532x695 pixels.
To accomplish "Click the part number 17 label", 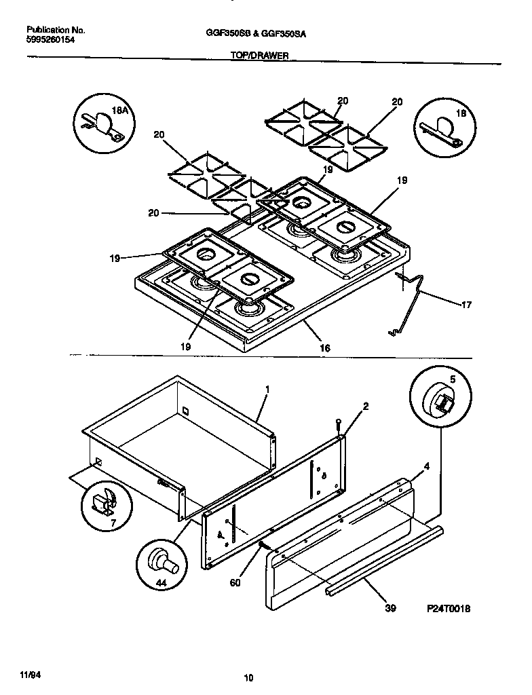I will pos(465,305).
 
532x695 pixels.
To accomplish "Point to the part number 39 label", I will pos(389,608).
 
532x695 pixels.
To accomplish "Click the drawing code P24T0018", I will pos(448,609).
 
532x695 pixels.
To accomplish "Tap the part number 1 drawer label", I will pos(267,390).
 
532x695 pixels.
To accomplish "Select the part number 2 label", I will pos(365,407).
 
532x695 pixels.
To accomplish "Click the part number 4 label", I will pos(426,466).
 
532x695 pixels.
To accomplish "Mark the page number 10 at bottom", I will pos(248,677).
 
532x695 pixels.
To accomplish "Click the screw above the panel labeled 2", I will pos(337,426).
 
